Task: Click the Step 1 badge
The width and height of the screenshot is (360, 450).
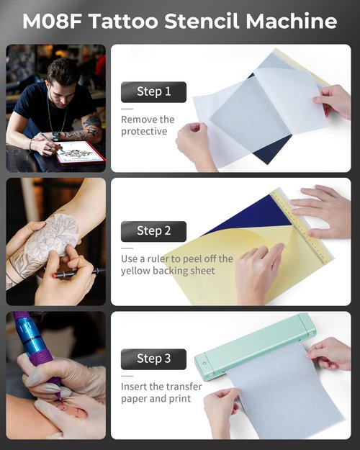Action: point(153,91)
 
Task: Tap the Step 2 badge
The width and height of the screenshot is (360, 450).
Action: point(153,231)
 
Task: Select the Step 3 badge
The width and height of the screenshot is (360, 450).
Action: point(153,358)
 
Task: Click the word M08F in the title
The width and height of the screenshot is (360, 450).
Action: point(51,21)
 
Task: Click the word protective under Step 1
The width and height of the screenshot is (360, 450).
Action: point(144,132)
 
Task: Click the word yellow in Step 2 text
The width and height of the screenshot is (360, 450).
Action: point(135,271)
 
